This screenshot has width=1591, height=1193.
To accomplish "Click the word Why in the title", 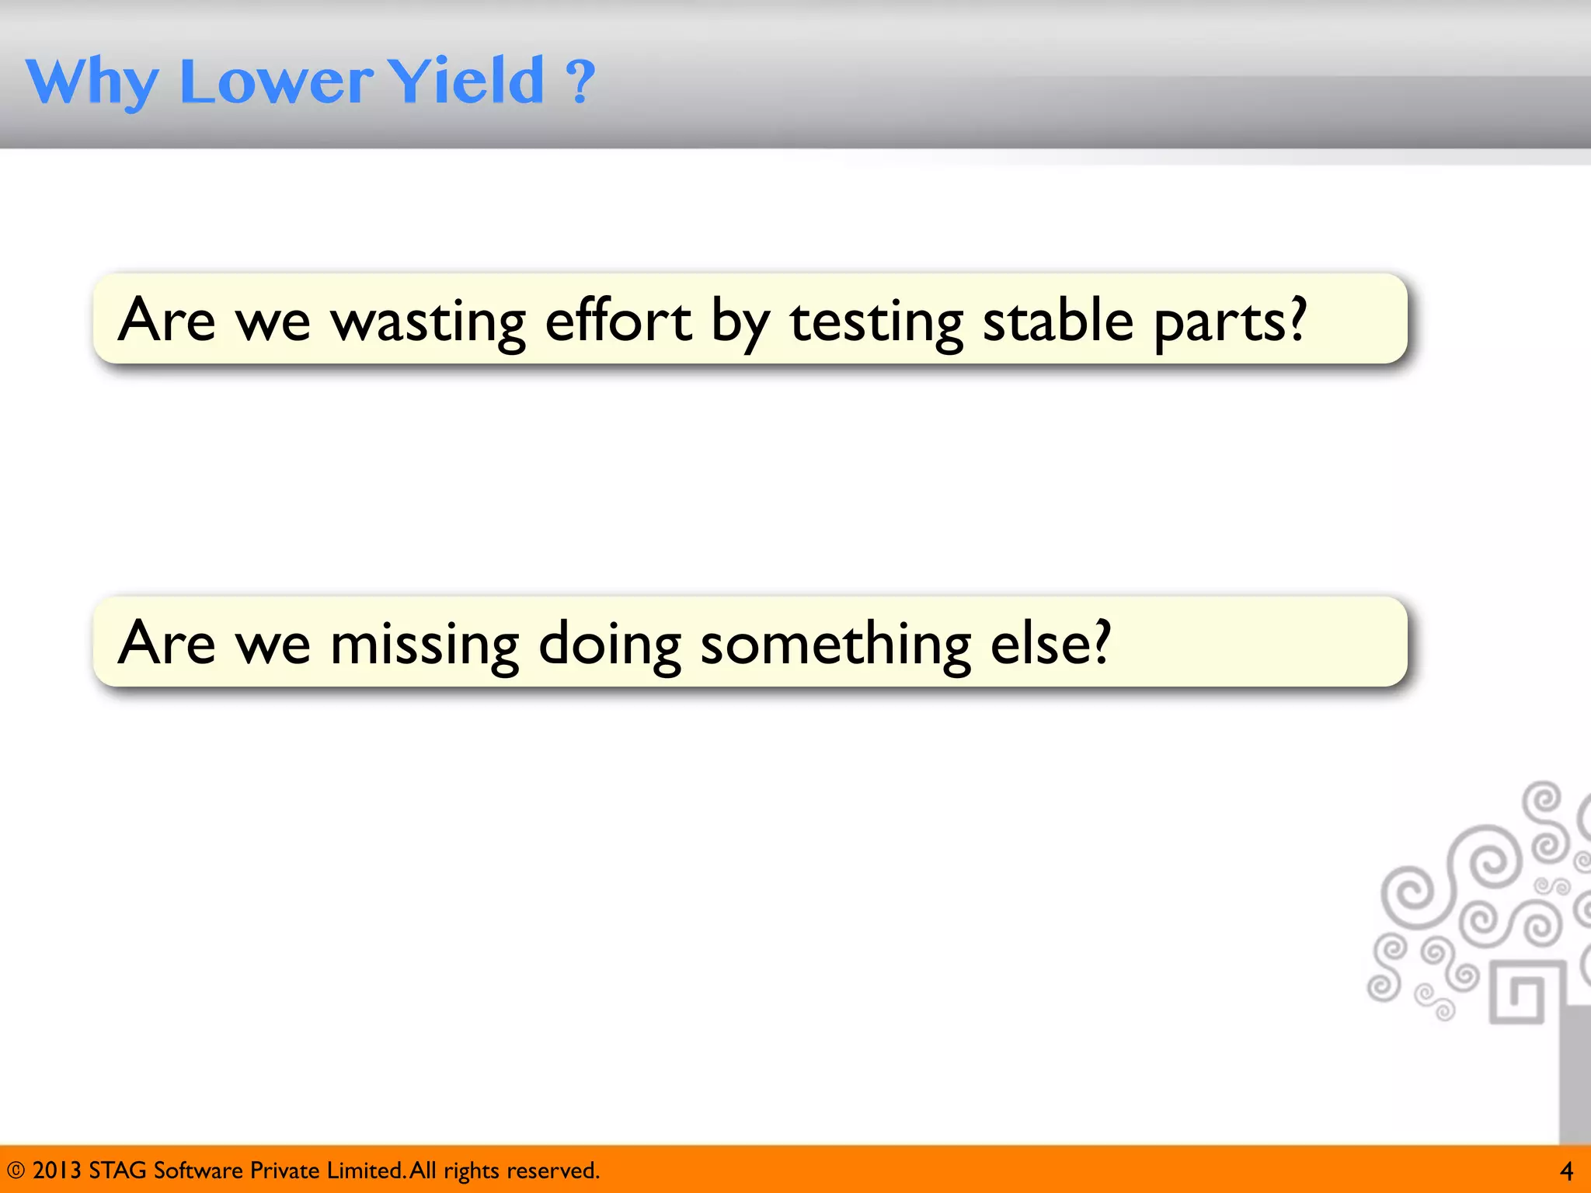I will [x=92, y=81].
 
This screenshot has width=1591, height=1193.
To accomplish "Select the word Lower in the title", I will [x=276, y=81].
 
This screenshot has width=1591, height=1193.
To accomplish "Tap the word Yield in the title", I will [x=465, y=81].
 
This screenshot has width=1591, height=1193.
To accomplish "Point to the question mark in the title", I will [x=580, y=81].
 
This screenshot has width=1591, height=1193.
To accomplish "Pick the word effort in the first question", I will [x=618, y=320].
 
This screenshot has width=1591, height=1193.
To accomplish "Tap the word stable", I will [x=1057, y=320].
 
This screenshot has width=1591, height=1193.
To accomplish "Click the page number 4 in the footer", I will [x=1566, y=1170].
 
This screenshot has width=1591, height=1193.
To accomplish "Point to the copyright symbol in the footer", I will [x=16, y=1170].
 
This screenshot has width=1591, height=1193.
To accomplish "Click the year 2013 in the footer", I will [x=56, y=1170].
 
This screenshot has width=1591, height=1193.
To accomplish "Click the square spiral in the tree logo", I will [x=1517, y=993].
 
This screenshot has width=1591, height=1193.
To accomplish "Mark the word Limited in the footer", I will [x=364, y=1170].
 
